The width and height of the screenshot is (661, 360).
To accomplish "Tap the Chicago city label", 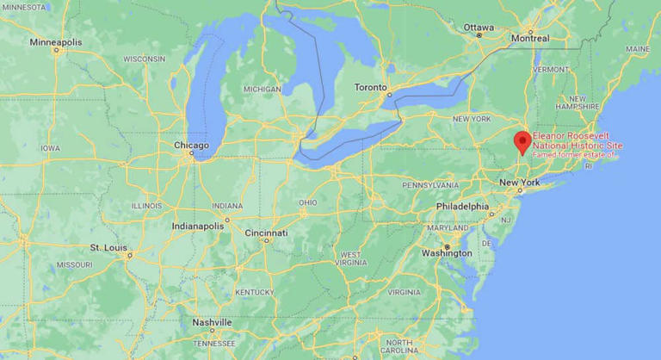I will coord(191,146).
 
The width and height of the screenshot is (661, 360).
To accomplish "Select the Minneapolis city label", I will coord(56,42).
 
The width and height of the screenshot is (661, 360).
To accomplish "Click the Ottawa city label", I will coord(479,28).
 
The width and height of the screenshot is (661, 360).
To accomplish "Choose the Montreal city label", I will coord(530,39).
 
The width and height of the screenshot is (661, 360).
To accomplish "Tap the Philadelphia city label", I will coord(462,207).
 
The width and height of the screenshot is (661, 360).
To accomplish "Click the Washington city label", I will coord(447,253).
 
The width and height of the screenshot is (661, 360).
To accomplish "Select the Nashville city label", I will coord(213,322).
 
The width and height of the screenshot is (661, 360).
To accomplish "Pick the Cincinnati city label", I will coord(266,233).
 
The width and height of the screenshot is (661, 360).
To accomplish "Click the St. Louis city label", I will coord(109,248).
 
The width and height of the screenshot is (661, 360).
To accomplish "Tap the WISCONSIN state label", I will coord(144,59).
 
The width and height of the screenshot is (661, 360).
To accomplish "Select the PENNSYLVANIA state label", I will coord(430,185).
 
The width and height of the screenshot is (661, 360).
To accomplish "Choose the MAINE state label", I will coord(638,49).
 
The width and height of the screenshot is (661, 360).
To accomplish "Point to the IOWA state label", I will coord(51,148).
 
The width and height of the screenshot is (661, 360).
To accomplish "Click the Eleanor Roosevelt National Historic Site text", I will coord(577,141).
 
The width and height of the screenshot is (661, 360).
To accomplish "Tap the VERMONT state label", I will coord(551,69).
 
